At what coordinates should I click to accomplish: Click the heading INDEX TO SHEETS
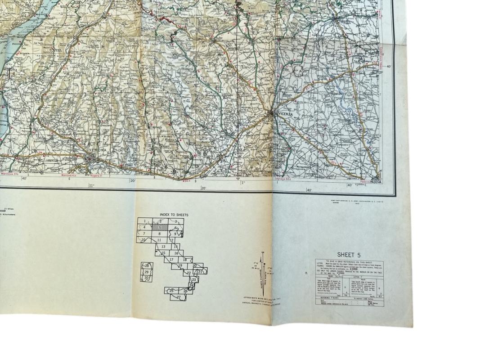[x=174, y=215]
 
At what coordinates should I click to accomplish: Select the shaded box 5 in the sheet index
[x=160, y=228]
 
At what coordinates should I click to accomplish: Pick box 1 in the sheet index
[x=145, y=221]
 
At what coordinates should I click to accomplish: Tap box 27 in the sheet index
[x=179, y=297]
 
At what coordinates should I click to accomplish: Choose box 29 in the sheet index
[x=146, y=272]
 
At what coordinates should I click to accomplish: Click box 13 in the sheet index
[x=163, y=247]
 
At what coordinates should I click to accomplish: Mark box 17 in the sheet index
[x=171, y=260]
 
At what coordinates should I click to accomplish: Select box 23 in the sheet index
[x=194, y=279]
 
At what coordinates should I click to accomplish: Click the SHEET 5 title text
[x=349, y=255]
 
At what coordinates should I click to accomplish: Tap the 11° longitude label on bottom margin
[x=91, y=185]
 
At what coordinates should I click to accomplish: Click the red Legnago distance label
[x=283, y=179]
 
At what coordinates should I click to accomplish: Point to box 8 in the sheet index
[x=160, y=234]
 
